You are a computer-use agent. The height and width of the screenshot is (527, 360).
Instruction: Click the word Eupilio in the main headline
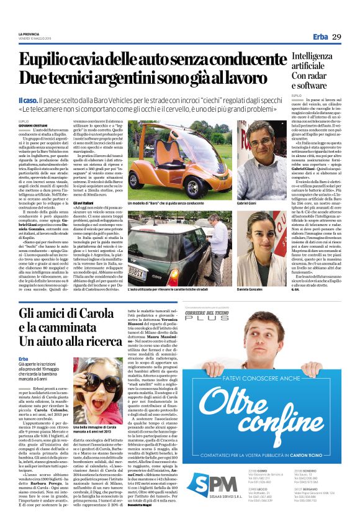46,61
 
